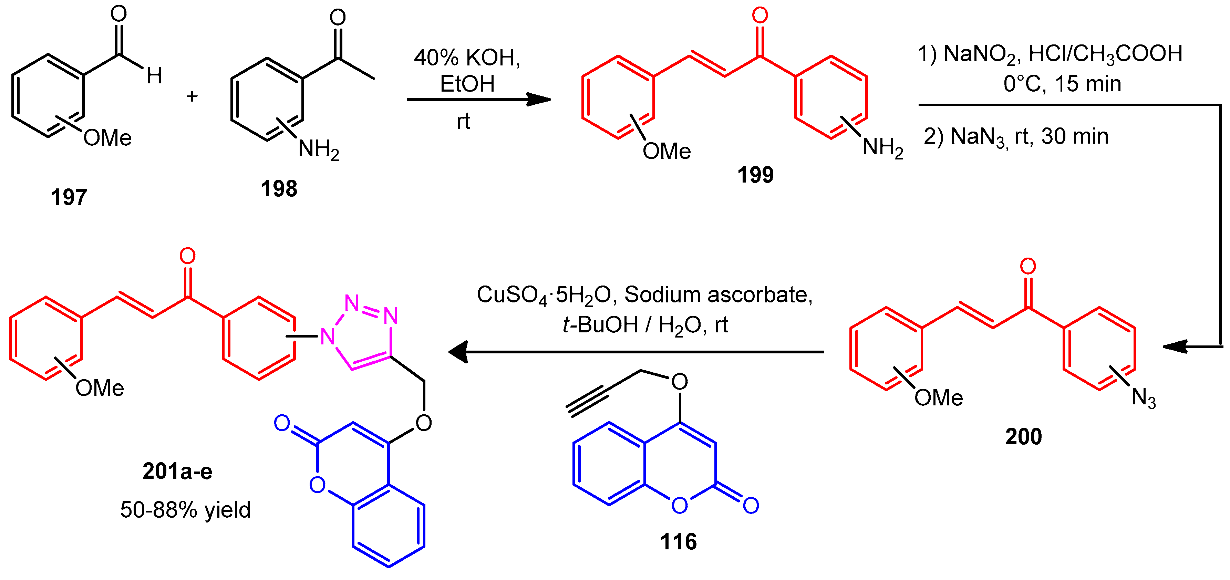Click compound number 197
[x=69, y=197]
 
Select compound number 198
[x=279, y=188]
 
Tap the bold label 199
[x=755, y=175]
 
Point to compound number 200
[x=1023, y=436]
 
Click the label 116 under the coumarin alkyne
[x=678, y=542]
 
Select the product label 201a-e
[x=177, y=472]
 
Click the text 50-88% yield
[x=185, y=510]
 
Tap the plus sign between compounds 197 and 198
[x=192, y=97]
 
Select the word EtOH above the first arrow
[x=467, y=84]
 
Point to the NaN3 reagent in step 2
[x=979, y=137]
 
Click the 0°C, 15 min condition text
[x=1062, y=84]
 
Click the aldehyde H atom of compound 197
[x=154, y=75]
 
